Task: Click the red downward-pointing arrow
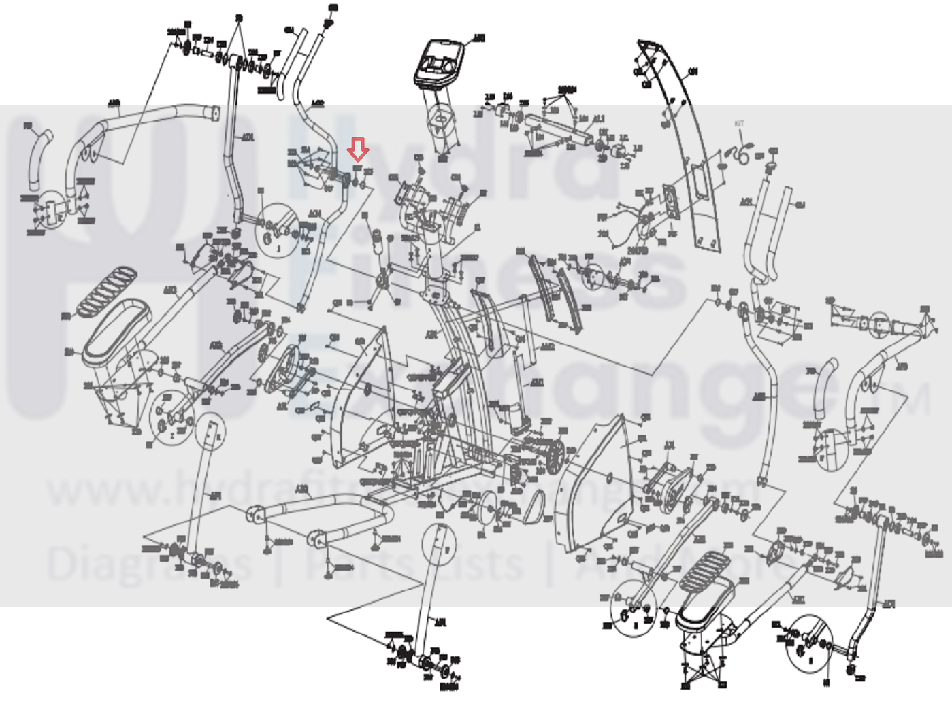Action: pos(358,149)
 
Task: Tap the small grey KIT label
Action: pos(739,124)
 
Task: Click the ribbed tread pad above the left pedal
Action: pos(105,290)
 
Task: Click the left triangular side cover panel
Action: pos(357,394)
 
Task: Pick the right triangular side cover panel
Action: pos(592,483)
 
